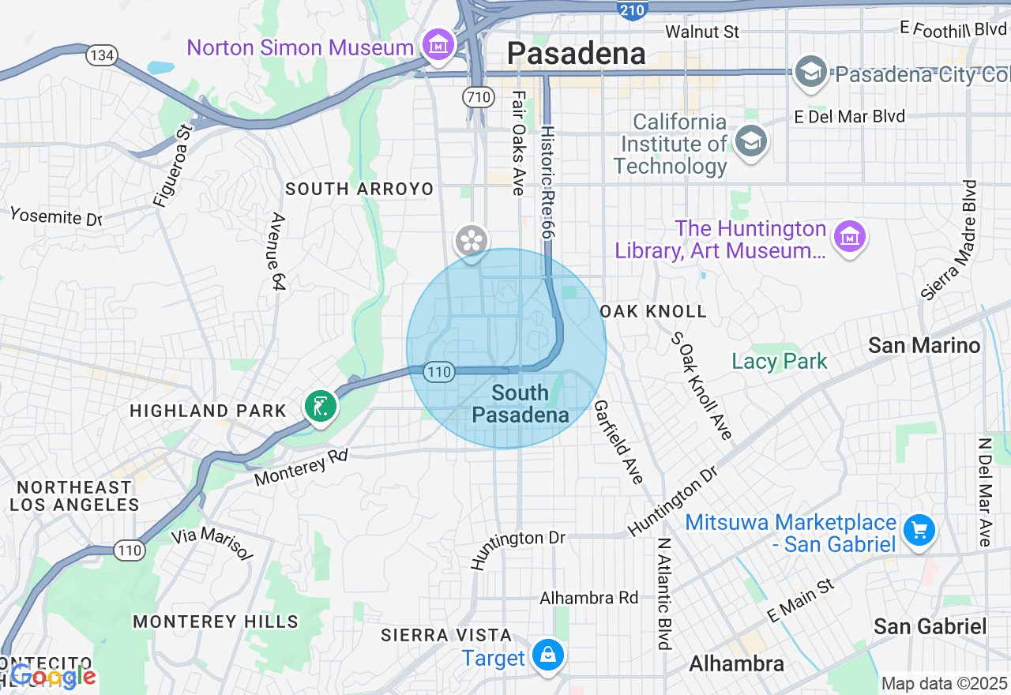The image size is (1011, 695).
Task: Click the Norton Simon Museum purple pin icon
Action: pyautogui.click(x=438, y=46)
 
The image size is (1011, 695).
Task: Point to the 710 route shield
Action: pyautogui.click(x=479, y=97)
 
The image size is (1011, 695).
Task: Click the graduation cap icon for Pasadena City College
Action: pyautogui.click(x=810, y=73)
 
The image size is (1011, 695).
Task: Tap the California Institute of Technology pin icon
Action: pyautogui.click(x=750, y=142)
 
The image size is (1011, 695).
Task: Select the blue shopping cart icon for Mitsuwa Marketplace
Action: pyautogui.click(x=919, y=530)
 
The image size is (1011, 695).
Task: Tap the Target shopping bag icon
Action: pyautogui.click(x=547, y=656)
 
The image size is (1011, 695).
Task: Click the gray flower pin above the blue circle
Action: pyautogui.click(x=472, y=241)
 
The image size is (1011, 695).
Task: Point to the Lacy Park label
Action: pyautogui.click(x=779, y=362)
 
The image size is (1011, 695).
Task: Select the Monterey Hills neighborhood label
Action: pyautogui.click(x=216, y=622)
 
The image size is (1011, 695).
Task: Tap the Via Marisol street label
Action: pyautogui.click(x=212, y=544)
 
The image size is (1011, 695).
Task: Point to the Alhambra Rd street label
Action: pyautogui.click(x=588, y=598)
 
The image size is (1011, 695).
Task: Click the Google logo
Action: pyautogui.click(x=53, y=676)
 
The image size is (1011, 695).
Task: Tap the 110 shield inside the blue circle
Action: pyautogui.click(x=438, y=371)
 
